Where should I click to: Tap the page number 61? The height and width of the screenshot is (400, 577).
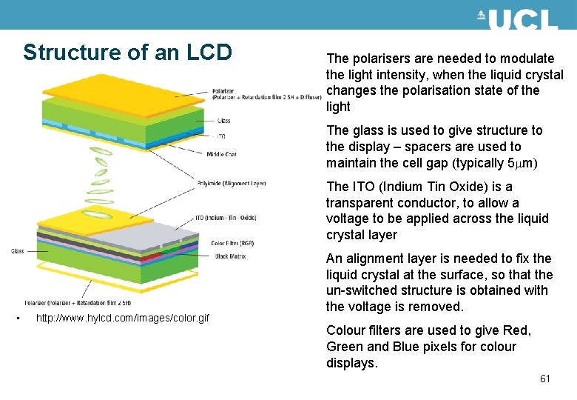[545, 379]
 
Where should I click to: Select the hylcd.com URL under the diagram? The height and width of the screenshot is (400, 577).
[122, 318]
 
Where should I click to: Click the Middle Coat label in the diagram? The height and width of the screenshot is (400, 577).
[221, 154]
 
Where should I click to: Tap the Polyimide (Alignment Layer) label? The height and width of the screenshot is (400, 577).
[231, 183]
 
